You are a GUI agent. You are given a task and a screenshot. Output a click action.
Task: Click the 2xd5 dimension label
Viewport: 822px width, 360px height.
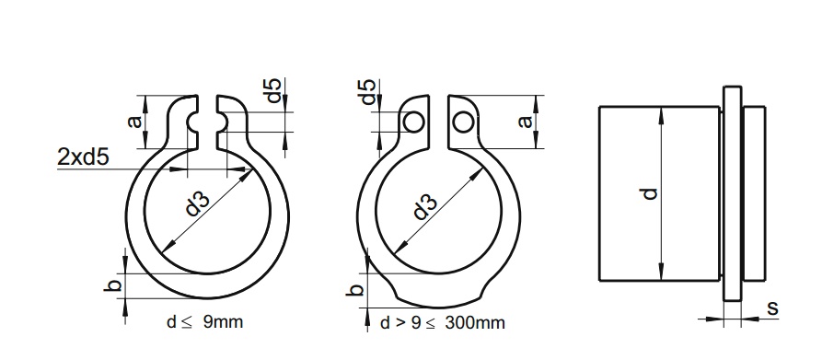(x=83, y=157)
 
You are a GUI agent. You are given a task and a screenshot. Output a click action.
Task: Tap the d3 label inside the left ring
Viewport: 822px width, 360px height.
(x=198, y=203)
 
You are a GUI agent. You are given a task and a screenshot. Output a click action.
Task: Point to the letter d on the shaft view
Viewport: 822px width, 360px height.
(x=650, y=193)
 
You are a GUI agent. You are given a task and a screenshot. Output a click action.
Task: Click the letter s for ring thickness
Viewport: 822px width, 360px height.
(x=772, y=308)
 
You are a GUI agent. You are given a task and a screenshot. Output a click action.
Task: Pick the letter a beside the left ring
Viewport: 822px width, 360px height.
(x=135, y=122)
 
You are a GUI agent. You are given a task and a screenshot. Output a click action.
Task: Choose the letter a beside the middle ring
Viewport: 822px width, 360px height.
(x=525, y=122)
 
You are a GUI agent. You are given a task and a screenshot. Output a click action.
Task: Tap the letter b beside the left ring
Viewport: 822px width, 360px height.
(x=115, y=285)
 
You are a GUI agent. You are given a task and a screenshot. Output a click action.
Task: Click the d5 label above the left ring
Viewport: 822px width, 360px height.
(x=274, y=90)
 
